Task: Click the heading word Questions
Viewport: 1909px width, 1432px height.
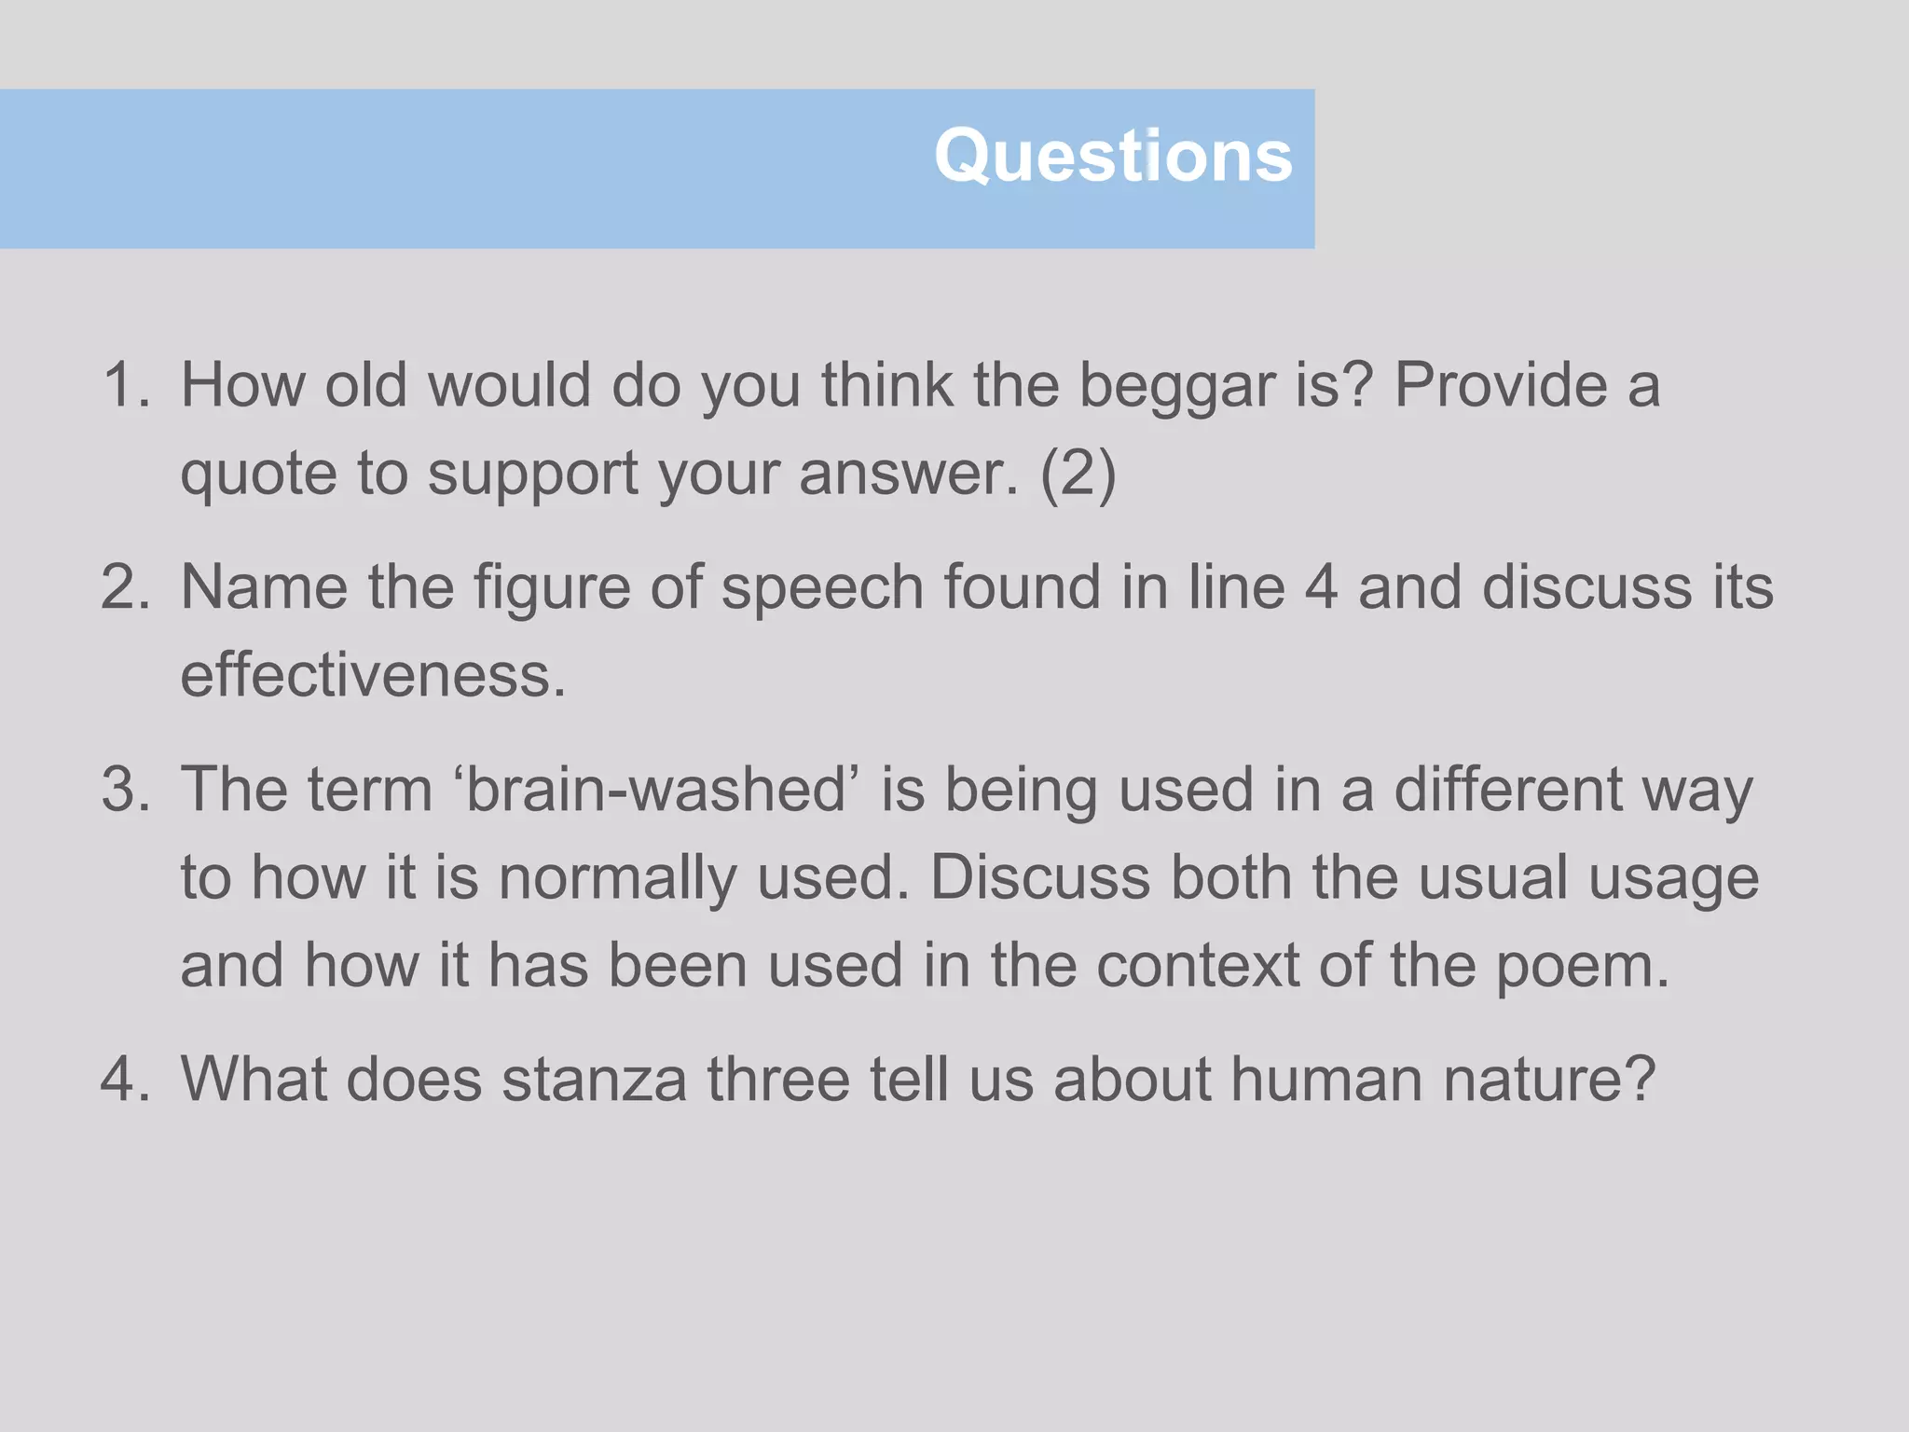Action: [x=1113, y=157]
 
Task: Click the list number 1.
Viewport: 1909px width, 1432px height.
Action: [x=125, y=385]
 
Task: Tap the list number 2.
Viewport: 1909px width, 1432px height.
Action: [x=125, y=587]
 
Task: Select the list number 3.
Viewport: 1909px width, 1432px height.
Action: [x=125, y=790]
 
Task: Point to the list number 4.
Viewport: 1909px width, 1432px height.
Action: [x=125, y=1080]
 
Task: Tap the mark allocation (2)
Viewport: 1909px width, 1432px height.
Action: [x=1078, y=474]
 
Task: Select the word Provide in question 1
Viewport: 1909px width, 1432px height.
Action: [x=1501, y=385]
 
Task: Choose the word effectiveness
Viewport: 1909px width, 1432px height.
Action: [x=373, y=675]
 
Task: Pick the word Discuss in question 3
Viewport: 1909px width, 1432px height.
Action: [x=1040, y=877]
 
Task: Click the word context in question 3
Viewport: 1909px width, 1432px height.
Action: [x=1197, y=965]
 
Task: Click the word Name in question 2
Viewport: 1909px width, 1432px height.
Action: [x=264, y=587]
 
